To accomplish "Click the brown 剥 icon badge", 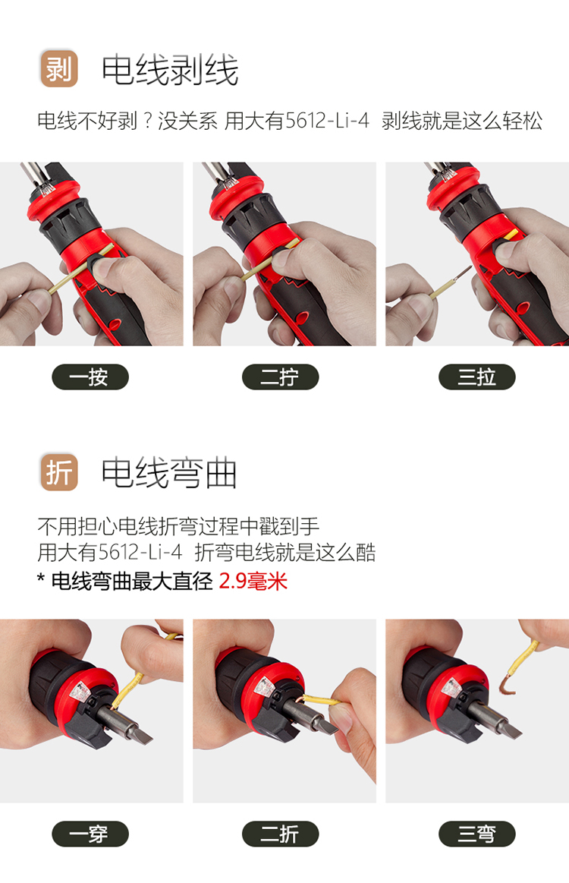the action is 59,68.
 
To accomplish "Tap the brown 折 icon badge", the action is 59,472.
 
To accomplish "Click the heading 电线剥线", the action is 170,70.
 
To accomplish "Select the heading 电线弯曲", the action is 169,473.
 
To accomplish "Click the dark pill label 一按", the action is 90,377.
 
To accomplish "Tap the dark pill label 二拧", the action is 280,377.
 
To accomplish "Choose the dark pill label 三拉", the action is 476,377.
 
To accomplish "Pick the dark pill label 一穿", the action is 90,834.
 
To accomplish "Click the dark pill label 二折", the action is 280,834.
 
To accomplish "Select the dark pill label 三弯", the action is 476,834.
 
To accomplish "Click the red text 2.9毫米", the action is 253,581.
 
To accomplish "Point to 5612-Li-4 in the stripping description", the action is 327,121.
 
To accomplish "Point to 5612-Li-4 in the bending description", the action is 140,552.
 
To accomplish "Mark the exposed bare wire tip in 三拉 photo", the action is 464,273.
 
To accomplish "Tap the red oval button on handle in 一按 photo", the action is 115,323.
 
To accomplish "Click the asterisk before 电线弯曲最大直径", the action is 40,579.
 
